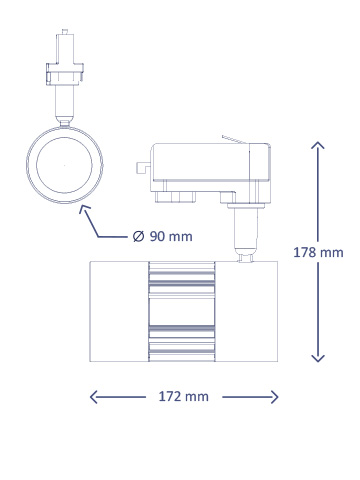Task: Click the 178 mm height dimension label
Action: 318,252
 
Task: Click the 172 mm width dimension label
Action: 183,397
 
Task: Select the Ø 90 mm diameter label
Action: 162,236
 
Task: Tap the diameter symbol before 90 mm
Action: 138,236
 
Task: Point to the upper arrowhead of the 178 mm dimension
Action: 318,145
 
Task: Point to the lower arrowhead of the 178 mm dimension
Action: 318,358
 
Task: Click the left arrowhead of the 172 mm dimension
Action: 94,397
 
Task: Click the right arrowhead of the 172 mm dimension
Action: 274,397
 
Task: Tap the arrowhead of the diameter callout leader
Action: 84,210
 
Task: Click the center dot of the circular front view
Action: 65,165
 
